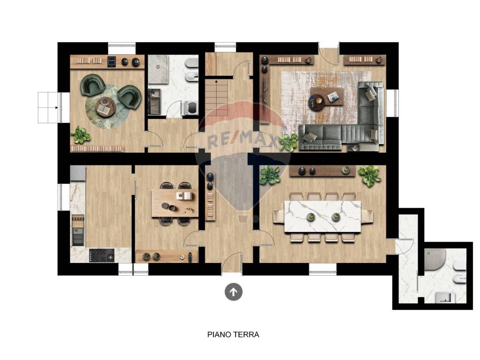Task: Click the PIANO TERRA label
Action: (x=233, y=335)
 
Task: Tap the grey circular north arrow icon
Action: (x=233, y=292)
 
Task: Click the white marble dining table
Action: (x=322, y=216)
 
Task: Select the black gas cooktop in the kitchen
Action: (x=102, y=255)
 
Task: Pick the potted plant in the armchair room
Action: (x=81, y=135)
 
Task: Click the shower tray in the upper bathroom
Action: (x=158, y=69)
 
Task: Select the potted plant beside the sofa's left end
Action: (x=288, y=142)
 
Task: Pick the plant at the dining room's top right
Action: (x=370, y=175)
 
